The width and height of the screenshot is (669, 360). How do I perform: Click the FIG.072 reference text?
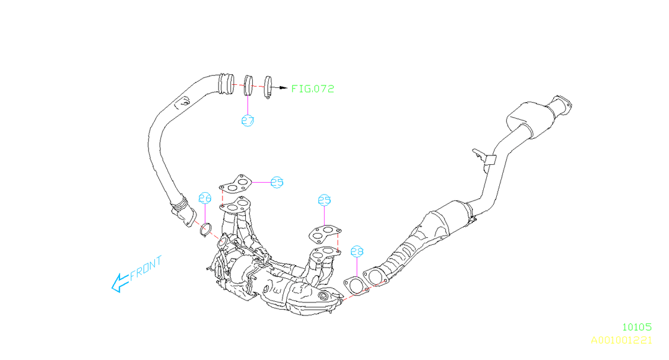(313, 89)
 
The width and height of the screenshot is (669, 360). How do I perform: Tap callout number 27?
(247, 121)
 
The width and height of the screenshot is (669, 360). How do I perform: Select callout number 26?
(205, 198)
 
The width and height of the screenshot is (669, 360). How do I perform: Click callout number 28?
(357, 252)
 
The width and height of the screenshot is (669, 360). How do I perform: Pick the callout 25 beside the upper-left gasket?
(276, 182)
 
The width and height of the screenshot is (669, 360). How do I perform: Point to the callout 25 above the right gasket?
(325, 200)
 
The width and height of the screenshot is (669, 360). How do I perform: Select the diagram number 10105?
(637, 327)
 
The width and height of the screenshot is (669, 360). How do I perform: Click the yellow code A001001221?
(621, 340)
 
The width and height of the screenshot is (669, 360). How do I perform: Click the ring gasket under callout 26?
(206, 231)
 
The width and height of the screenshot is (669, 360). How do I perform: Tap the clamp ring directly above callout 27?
(248, 86)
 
